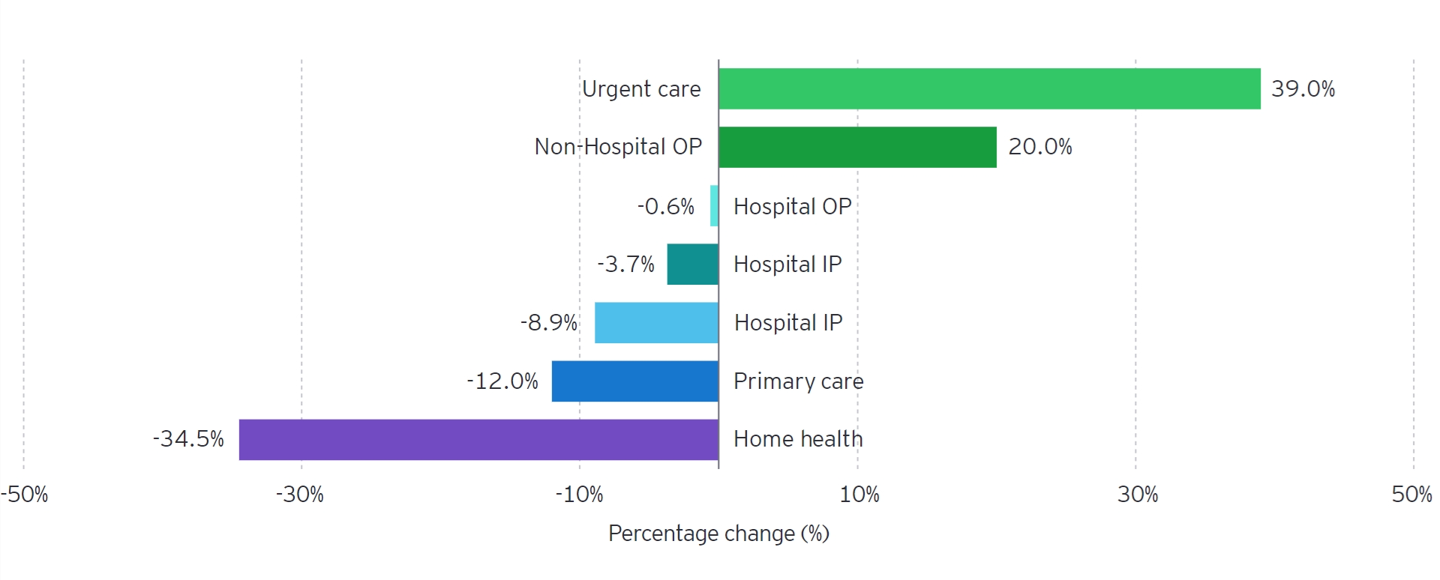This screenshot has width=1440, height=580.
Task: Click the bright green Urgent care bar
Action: coord(989,88)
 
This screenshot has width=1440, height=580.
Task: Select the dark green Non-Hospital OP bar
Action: coord(857,147)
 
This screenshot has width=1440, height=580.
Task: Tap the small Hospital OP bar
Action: coord(714,206)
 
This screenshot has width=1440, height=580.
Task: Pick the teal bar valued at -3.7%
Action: coord(692,264)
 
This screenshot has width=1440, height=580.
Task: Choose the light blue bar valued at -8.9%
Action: coord(656,322)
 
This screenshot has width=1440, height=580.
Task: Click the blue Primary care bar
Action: coord(634,381)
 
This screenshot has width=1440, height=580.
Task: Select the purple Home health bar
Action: coord(478,439)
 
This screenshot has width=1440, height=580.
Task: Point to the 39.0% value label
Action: coord(1303,88)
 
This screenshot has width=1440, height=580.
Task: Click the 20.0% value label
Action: coord(1039,147)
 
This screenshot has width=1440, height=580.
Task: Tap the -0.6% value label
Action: coord(665,206)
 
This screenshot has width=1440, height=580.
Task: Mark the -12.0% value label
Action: coord(502,381)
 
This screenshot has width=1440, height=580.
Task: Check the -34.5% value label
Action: coord(188,438)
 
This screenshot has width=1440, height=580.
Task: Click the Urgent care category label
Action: coord(641,89)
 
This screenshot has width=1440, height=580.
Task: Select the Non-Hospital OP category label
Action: coord(617,147)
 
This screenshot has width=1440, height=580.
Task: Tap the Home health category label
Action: coord(798,439)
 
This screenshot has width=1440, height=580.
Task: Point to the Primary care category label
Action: coord(798,381)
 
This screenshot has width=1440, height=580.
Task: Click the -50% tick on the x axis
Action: coord(25,495)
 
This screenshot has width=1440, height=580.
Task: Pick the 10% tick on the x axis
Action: coord(859,495)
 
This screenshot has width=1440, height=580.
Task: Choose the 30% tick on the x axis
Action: coord(1137,495)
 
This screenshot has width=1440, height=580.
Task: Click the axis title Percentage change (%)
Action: coord(718,534)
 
